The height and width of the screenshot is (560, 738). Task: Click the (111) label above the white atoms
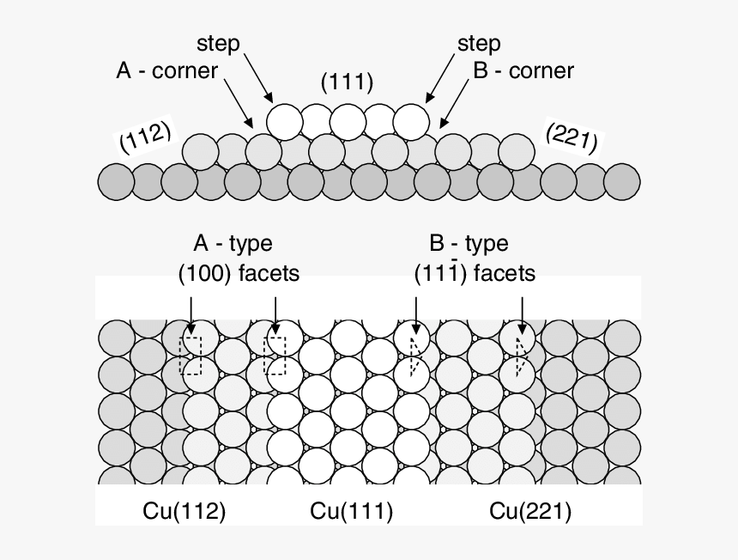pos(347,82)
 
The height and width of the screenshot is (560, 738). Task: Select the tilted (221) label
pos(571,137)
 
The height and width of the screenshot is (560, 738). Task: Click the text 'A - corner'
pos(167,70)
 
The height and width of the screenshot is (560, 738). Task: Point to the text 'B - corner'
pos(523,70)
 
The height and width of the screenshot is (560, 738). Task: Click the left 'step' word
pos(218,43)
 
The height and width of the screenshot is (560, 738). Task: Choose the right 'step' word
pos(479,43)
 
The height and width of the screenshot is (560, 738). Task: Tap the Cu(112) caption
pos(184,512)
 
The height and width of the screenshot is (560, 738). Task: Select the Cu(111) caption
pos(351,512)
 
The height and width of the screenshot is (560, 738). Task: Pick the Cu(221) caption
pos(530,512)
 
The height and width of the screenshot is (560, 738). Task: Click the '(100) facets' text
pos(239,274)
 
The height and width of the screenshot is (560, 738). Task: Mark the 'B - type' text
pos(469,244)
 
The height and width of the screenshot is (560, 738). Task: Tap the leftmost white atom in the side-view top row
pos(284,122)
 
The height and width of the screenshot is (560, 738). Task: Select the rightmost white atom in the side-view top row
pos(410,122)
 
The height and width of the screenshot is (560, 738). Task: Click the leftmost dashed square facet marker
pos(191,356)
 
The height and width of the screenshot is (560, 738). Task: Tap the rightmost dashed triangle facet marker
pos(519,356)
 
